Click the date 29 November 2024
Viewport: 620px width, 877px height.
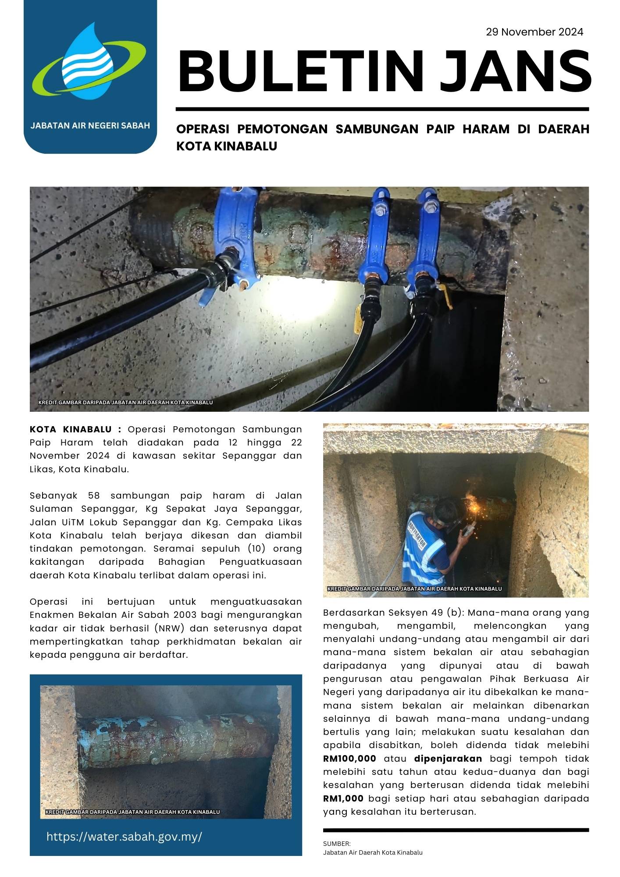534,32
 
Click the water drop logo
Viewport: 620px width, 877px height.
89,61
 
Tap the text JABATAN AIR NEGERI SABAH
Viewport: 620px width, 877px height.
90,125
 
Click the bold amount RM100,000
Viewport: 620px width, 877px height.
349,759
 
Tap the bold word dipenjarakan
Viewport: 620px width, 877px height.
448,759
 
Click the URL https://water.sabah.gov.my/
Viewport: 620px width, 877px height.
124,836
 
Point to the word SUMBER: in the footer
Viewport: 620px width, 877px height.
337,843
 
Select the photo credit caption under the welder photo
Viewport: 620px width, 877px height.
414,588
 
